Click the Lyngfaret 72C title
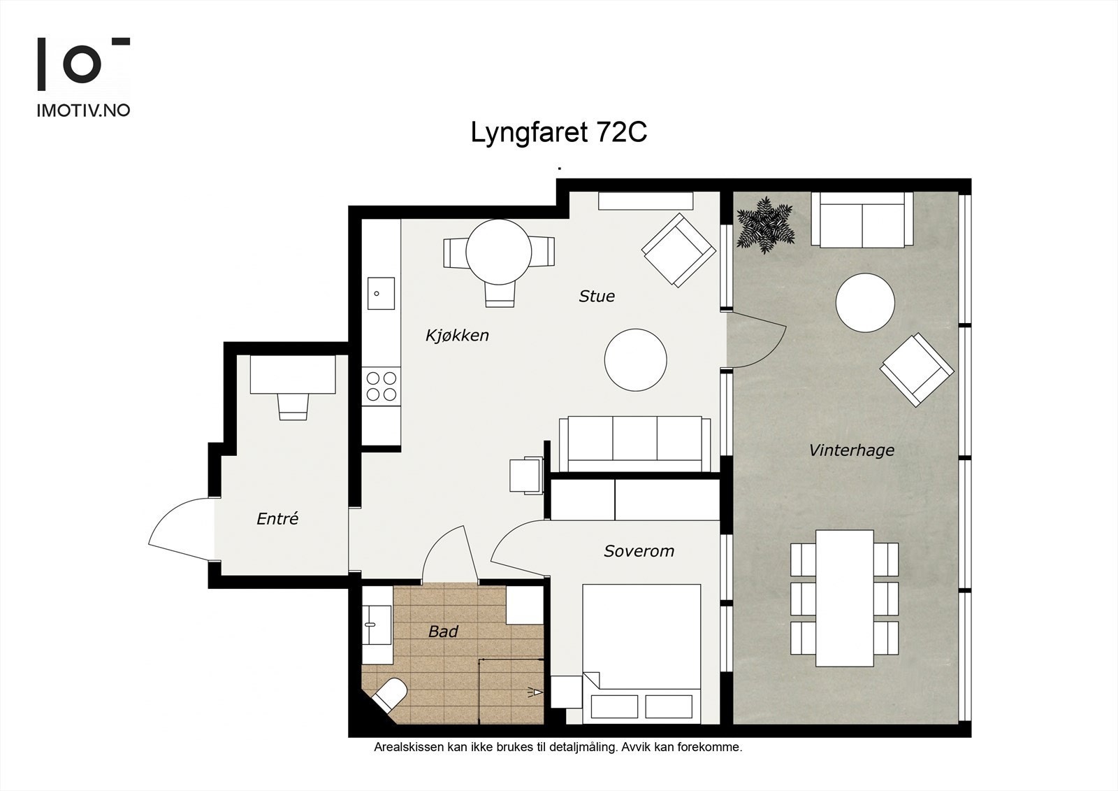tap(558, 133)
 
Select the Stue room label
tap(597, 297)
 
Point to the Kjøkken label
tap(457, 335)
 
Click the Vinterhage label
tap(852, 450)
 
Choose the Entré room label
tap(277, 519)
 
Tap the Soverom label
tap(639, 551)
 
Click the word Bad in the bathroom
tap(443, 632)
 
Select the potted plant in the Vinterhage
tap(765, 225)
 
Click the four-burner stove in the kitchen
tap(382, 386)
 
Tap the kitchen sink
tap(382, 293)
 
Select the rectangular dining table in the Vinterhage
tap(845, 598)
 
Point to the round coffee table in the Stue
tap(635, 359)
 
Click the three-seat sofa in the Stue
tap(635, 443)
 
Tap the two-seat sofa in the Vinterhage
tap(862, 220)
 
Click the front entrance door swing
tap(182, 529)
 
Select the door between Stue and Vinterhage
tap(755, 340)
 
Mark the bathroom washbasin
tap(377, 625)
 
